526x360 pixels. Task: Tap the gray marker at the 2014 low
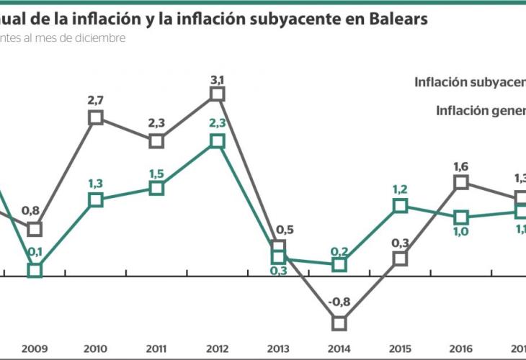coord(340,323)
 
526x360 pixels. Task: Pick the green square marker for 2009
coord(35,270)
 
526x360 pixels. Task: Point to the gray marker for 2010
coord(96,117)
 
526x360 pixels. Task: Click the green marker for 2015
coord(401,206)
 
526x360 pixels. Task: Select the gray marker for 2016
coord(462,183)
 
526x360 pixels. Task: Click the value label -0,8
coord(339,303)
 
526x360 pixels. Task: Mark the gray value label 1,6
coord(462,166)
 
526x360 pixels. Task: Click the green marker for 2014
coord(340,265)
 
